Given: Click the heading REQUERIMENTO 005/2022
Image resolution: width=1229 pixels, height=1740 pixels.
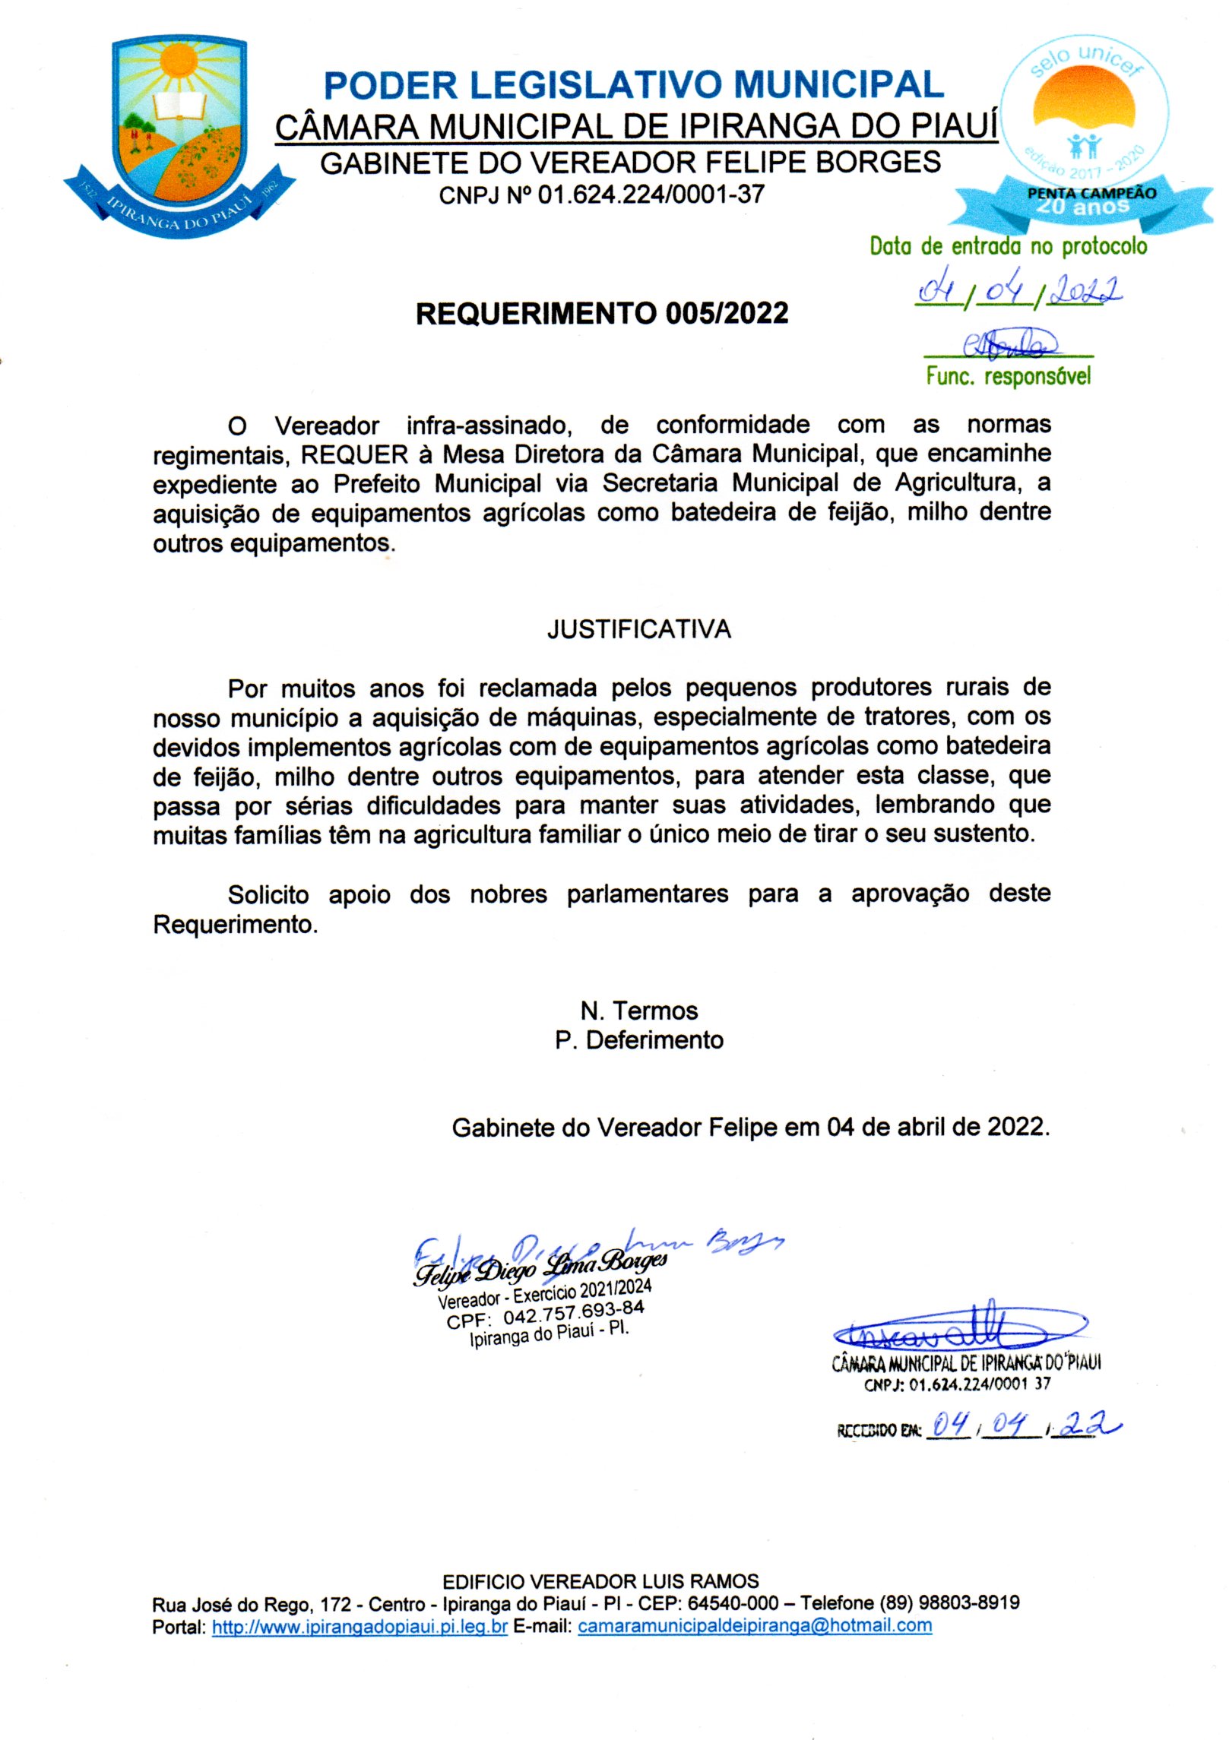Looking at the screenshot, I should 601,313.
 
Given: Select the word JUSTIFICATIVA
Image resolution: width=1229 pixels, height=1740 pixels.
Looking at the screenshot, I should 638,629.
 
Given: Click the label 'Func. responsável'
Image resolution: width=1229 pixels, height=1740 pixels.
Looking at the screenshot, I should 1008,376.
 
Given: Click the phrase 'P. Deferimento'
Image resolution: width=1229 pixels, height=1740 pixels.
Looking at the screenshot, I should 638,1040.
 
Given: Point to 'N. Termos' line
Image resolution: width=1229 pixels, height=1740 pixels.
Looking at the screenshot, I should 638,1011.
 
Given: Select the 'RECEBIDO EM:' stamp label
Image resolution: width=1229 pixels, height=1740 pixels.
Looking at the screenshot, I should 879,1430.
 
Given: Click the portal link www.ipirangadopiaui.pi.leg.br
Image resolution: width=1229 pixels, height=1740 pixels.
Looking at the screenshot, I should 359,1626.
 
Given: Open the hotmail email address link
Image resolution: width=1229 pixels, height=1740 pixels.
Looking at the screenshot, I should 754,1626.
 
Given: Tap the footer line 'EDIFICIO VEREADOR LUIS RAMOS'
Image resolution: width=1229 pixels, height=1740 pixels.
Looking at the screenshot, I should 600,1581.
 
